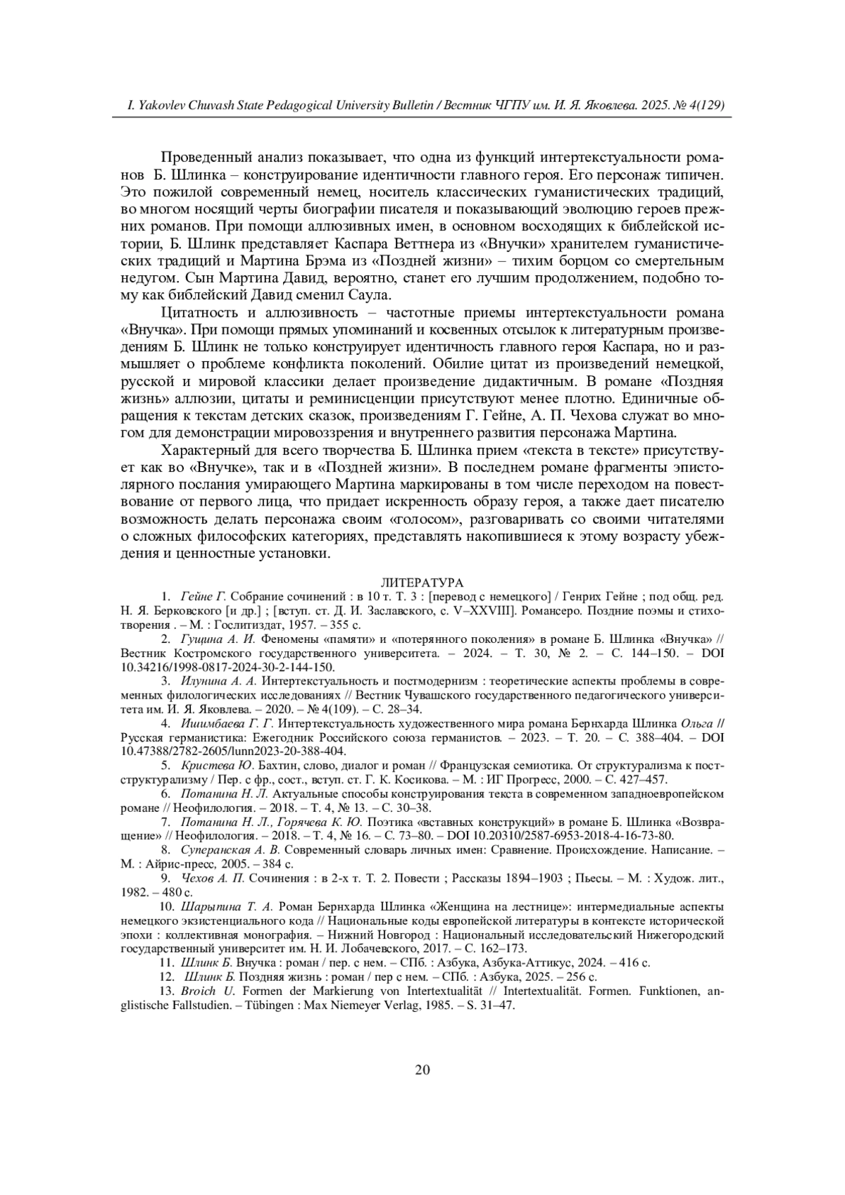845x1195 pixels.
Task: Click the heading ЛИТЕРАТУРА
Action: click(x=422, y=583)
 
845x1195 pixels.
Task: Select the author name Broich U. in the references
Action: click(x=207, y=991)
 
